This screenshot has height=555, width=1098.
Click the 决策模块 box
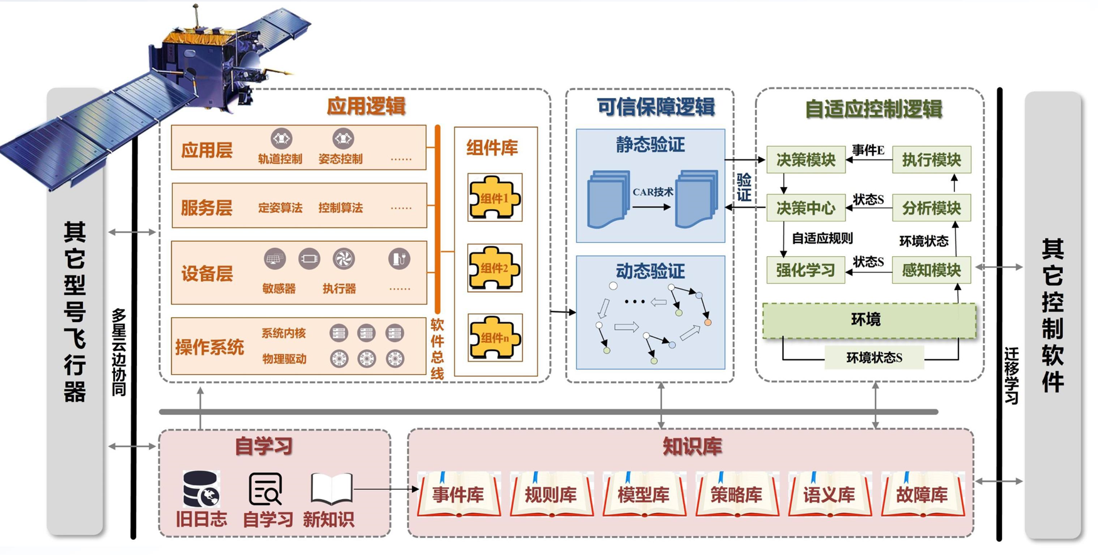[x=805, y=160]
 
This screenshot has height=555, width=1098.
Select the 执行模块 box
[x=931, y=160]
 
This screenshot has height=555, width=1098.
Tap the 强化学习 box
[x=805, y=271]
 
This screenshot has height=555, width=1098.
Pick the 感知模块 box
[x=931, y=271]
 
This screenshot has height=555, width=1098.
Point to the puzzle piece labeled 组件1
[x=494, y=198]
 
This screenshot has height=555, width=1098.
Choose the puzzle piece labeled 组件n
[x=494, y=338]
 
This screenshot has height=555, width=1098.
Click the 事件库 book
[x=459, y=495]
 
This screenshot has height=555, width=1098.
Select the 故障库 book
[x=922, y=495]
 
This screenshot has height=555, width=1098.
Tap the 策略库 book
[x=736, y=495]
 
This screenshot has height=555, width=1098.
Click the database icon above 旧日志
[x=201, y=488]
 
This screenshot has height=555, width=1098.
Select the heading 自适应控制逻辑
[x=873, y=109]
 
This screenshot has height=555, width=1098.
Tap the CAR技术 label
[x=653, y=192]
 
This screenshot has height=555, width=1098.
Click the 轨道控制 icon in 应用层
[x=281, y=138]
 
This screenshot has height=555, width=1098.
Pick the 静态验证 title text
[x=650, y=145]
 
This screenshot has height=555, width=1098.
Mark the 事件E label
[x=868, y=150]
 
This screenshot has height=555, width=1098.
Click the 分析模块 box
[x=931, y=208]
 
